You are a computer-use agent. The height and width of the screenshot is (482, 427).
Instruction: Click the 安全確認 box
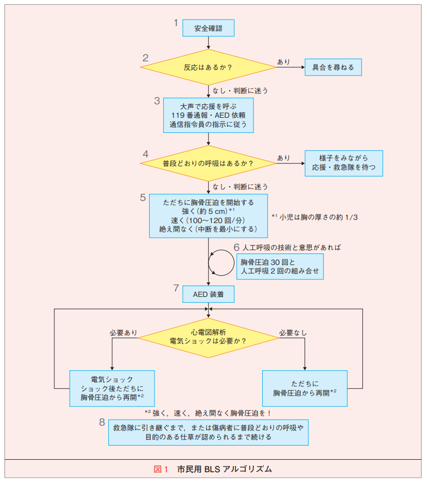click(x=208, y=28)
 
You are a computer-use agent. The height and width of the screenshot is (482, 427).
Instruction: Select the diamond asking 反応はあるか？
click(x=208, y=67)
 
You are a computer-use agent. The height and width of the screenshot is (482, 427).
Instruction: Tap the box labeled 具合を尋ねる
click(x=332, y=67)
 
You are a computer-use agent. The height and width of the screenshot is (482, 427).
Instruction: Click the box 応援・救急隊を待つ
click(x=343, y=163)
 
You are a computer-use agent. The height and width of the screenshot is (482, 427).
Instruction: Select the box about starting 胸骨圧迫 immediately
click(x=208, y=215)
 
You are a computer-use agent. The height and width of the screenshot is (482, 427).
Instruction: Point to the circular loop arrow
click(x=220, y=264)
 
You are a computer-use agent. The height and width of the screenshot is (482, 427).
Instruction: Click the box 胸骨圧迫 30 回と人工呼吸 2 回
click(x=280, y=267)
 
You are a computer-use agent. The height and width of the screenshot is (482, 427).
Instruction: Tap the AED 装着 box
click(x=208, y=294)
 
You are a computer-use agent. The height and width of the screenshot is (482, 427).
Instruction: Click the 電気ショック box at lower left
click(x=112, y=389)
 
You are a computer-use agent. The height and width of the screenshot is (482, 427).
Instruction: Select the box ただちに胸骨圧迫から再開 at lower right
click(x=305, y=389)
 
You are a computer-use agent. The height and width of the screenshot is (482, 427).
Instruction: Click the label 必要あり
click(x=123, y=332)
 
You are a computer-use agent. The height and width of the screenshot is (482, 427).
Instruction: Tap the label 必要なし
click(x=293, y=332)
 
